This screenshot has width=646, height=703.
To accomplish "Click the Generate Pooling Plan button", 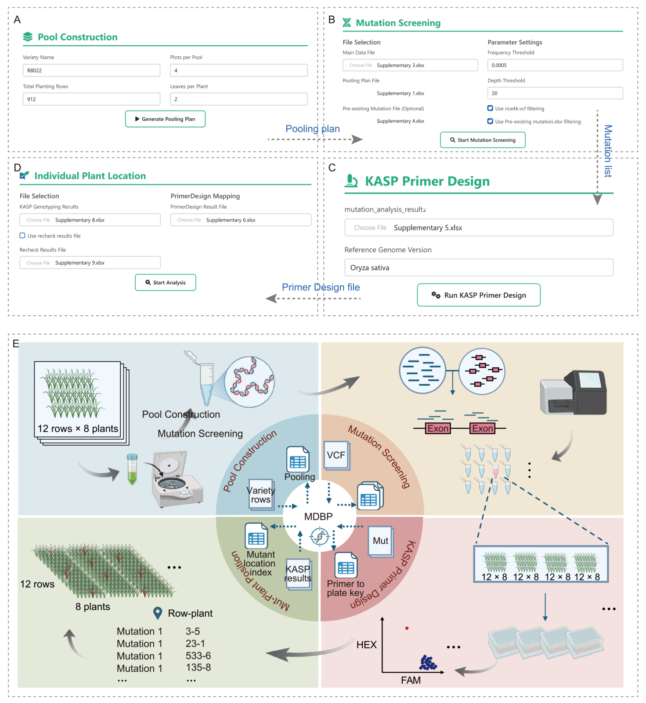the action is (165, 119).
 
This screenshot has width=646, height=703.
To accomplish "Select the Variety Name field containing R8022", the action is (91, 70).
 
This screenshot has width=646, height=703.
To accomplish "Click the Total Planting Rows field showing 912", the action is (91, 99).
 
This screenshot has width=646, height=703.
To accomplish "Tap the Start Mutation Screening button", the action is (483, 140).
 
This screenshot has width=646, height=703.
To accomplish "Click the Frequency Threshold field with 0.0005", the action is (555, 65).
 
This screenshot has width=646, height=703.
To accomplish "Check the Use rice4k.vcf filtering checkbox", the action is (490, 108).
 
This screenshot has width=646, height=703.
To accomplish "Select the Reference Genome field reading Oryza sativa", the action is (479, 267).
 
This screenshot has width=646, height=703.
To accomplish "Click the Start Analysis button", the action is (166, 282).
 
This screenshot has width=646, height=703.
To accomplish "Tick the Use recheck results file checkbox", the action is (22, 236).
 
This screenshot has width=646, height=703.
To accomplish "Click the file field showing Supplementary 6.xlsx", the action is (241, 220).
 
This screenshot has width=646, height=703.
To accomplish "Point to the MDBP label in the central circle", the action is (318, 517).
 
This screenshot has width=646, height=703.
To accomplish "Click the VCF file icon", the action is (336, 455).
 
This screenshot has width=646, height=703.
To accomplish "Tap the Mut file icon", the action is (381, 541).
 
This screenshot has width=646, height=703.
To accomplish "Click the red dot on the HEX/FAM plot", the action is (407, 628).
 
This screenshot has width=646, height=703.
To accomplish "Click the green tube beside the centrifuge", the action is (132, 470).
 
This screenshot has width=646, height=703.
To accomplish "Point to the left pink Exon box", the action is (438, 428).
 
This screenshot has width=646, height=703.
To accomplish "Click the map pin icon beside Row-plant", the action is (158, 613).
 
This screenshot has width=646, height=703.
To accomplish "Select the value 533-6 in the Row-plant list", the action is (198, 656).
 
